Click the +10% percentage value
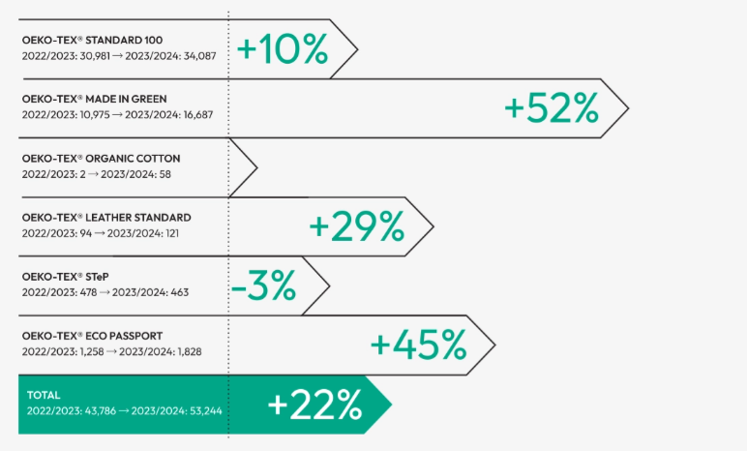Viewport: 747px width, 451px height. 283,48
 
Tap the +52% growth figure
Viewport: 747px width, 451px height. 552,108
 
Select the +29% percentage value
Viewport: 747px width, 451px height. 357,225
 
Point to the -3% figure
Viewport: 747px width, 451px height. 263,286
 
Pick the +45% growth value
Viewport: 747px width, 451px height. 419,345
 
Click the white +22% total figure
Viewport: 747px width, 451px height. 314,405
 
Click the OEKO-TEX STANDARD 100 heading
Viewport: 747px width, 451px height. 93,40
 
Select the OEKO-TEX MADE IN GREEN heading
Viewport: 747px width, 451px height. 94,99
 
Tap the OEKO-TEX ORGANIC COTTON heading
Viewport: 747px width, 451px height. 101,159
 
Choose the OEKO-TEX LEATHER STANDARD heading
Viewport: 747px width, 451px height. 106,218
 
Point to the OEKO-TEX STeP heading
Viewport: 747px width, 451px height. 65,277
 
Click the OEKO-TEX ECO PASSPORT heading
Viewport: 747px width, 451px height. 93,336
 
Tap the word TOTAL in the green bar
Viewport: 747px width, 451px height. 44,395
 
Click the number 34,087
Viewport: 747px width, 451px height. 199,56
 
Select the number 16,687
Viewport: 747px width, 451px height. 197,115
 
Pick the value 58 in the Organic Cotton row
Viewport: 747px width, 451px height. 164,174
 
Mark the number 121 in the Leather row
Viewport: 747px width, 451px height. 171,233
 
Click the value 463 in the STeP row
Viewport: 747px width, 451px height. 180,292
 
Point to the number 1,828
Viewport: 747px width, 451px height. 190,352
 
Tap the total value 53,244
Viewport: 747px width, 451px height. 206,411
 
